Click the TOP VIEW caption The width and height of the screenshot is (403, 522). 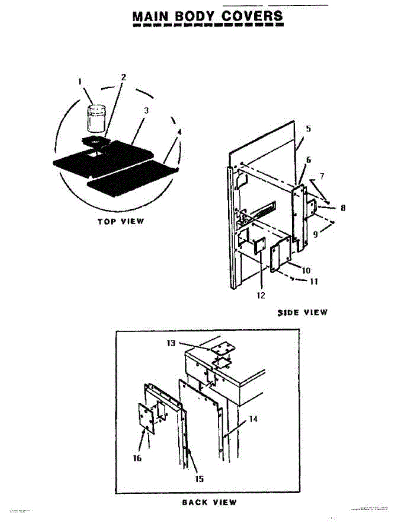pos(120,221)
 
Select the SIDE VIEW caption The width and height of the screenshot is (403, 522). pos(303,312)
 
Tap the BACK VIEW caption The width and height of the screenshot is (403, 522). pos(210,502)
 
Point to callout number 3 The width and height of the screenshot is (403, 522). pos(147,110)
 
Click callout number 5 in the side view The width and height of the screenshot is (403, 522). pos(308,129)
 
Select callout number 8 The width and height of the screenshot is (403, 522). pos(343,208)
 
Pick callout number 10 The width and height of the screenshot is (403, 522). pos(306,270)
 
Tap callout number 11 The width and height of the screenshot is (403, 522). pos(313,281)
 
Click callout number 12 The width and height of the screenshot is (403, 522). pos(260,295)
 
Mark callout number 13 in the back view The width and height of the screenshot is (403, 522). pos(171,343)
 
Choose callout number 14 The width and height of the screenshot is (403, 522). pos(254,419)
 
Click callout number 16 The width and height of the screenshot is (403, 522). pos(137,458)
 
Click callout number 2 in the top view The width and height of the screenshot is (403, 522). pos(123,77)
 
